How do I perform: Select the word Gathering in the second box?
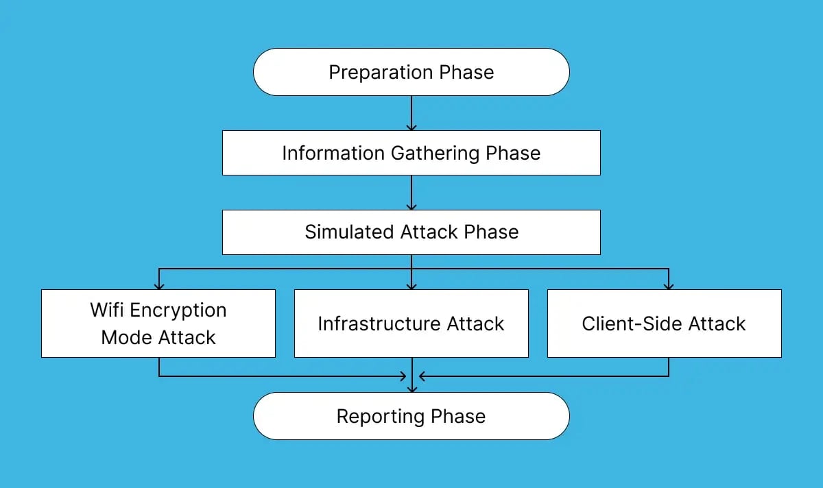pyautogui.click(x=435, y=153)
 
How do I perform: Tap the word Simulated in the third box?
pyautogui.click(x=348, y=232)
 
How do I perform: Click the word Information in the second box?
pyautogui.click(x=334, y=153)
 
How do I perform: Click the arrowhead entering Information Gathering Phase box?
pyautogui.click(x=411, y=126)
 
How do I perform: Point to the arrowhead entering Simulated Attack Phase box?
pyautogui.click(x=411, y=206)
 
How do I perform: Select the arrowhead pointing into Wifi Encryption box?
pyautogui.click(x=158, y=285)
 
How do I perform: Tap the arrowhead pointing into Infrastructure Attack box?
pyautogui.click(x=411, y=285)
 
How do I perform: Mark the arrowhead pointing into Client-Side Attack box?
pyautogui.click(x=669, y=285)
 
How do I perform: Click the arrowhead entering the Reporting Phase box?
pyautogui.click(x=411, y=388)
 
